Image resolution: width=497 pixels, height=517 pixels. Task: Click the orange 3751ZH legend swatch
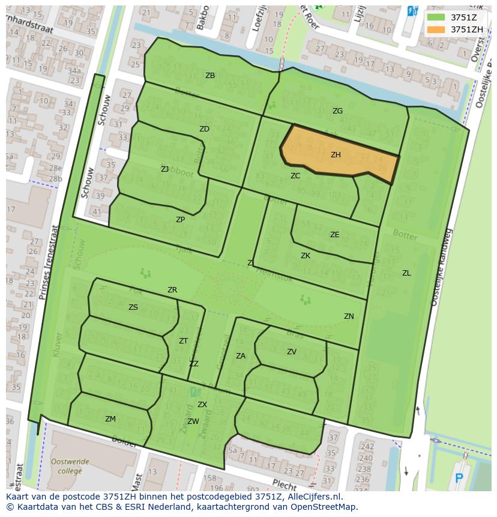pyautogui.click(x=437, y=29)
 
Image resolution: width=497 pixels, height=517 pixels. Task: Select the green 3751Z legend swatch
pyautogui.click(x=437, y=17)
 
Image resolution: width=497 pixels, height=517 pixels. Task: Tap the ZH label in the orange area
pyautogui.click(x=336, y=155)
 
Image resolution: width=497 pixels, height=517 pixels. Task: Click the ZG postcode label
pyautogui.click(x=337, y=111)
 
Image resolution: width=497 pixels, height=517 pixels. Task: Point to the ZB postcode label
pyautogui.click(x=210, y=76)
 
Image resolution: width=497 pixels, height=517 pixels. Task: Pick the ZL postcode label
pyautogui.click(x=406, y=273)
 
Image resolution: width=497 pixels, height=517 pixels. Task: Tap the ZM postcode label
pyautogui.click(x=110, y=419)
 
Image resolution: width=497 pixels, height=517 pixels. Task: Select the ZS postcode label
pyautogui.click(x=133, y=307)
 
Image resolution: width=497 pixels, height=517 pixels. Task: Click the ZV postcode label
pyautogui.click(x=292, y=352)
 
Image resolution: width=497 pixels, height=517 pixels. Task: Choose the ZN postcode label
pyautogui.click(x=349, y=316)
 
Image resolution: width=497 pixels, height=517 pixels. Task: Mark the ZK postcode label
pyautogui.click(x=306, y=256)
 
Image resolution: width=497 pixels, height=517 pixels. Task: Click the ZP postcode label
pyautogui.click(x=180, y=220)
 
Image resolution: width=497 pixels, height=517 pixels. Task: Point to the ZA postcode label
pyautogui.click(x=241, y=356)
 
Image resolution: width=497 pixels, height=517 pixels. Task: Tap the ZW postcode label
pyautogui.click(x=193, y=422)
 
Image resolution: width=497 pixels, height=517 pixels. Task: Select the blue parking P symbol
pyautogui.click(x=459, y=479)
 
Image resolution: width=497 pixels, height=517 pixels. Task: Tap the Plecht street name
pyautogui.click(x=284, y=484)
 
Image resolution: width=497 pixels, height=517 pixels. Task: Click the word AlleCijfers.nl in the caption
pyautogui.click(x=312, y=497)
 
